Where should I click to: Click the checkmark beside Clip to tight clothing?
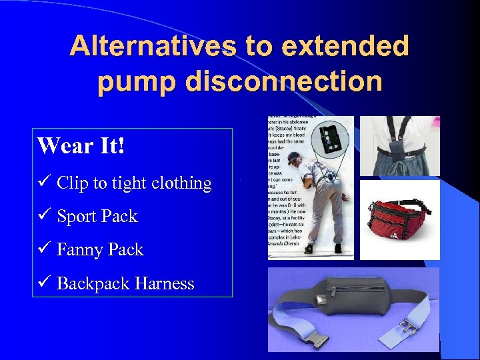43,183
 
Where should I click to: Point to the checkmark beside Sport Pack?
43,216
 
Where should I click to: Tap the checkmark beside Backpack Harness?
43,283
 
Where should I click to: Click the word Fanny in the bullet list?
80,250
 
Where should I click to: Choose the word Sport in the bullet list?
75,217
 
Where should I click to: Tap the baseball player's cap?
294,157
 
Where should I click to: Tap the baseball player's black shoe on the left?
308,249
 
